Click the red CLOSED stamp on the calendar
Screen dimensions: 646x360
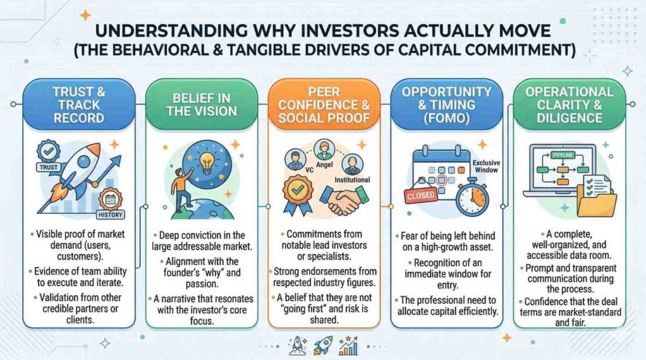pos(421,195)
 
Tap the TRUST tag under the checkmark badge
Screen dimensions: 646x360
pos(49,167)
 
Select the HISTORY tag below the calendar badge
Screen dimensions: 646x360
pos(110,214)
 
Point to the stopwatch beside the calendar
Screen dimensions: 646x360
pos(473,199)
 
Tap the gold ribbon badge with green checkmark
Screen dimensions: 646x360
pos(298,193)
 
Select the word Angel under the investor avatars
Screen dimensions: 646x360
pos(324,165)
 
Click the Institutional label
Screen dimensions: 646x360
pos(352,180)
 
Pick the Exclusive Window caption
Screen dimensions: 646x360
pos(486,166)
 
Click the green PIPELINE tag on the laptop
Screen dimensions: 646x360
pos(563,155)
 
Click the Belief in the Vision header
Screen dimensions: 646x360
pos(202,105)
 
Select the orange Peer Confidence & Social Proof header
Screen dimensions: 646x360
pos(324,105)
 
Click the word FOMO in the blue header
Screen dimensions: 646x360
pos(447,119)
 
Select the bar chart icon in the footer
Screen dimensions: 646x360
pos(348,345)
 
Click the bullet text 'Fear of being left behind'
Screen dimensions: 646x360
pos(448,236)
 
